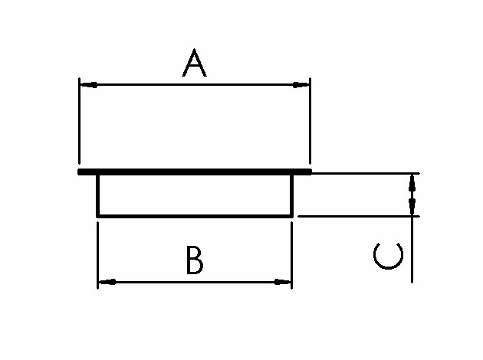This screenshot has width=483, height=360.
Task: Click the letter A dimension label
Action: point(194,63)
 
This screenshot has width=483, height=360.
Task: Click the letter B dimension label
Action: point(195,260)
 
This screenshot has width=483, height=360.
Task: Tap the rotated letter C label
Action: point(388,256)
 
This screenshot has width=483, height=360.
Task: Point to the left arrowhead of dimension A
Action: point(89,84)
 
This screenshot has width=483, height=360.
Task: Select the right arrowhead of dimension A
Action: point(301,84)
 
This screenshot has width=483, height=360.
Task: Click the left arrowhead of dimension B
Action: point(107,282)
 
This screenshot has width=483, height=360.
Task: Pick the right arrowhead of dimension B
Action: point(282,282)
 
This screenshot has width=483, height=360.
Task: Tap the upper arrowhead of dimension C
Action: point(412,184)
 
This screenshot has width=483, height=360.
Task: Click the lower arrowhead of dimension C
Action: point(412,207)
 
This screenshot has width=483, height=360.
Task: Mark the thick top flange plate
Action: point(195,172)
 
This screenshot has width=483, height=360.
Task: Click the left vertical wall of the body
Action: point(98,195)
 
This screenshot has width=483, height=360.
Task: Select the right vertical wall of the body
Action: point(291,195)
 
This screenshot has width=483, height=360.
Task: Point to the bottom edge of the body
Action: point(195,216)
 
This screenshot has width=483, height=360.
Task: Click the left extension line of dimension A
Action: point(79,121)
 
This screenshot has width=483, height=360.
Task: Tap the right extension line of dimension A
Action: point(310,121)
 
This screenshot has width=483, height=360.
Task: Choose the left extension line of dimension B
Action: point(97,255)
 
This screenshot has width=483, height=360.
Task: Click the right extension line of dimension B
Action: point(291,255)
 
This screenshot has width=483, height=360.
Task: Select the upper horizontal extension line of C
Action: point(366,174)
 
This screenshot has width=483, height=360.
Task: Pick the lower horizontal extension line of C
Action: point(359,216)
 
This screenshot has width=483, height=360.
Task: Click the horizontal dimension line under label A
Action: point(195,84)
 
